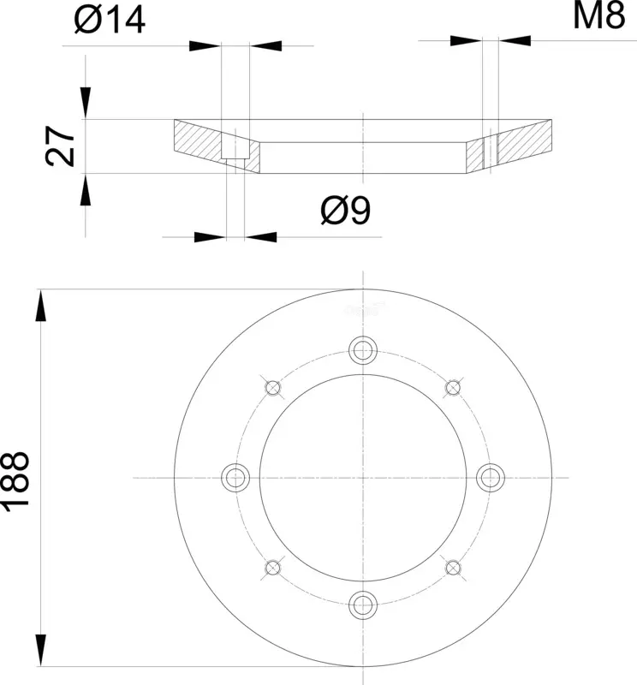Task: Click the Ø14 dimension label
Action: [x=110, y=20]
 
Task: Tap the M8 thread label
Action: [x=599, y=15]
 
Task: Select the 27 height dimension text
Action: [x=60, y=146]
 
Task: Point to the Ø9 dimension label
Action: [x=346, y=211]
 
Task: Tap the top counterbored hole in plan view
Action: [x=363, y=350]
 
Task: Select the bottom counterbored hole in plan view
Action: [x=363, y=605]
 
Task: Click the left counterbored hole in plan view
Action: [x=235, y=478]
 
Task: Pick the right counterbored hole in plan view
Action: [x=491, y=478]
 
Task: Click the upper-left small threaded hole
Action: [x=273, y=388]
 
